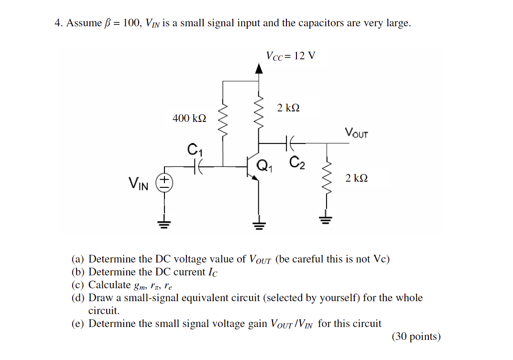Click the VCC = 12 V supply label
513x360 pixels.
pyautogui.click(x=291, y=56)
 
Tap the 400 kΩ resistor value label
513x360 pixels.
pyautogui.click(x=189, y=118)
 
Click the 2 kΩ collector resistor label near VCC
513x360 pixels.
pyautogui.click(x=289, y=108)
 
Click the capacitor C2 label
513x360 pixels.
pyautogui.click(x=296, y=163)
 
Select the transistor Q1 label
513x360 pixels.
pyautogui.click(x=264, y=166)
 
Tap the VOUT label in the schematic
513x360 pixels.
pyautogui.click(x=356, y=132)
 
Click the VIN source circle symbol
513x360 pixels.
pyautogui.click(x=164, y=183)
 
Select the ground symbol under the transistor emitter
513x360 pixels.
pyautogui.click(x=259, y=224)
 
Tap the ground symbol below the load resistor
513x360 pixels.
pyautogui.click(x=327, y=220)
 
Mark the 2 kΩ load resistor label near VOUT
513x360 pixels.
pyautogui.click(x=357, y=178)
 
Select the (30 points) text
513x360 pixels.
pyautogui.click(x=416, y=337)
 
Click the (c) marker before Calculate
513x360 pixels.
pyautogui.click(x=78, y=285)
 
